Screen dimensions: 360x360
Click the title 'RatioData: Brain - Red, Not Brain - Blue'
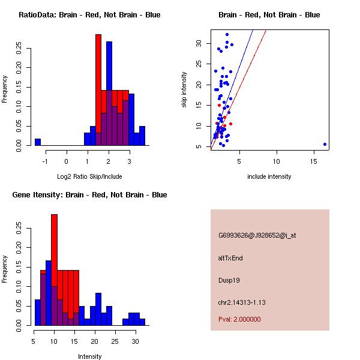89,14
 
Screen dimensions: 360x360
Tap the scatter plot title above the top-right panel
269,14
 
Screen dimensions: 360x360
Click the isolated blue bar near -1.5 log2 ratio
38,142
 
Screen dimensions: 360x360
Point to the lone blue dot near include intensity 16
325,144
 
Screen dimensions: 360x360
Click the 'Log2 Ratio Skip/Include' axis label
89,176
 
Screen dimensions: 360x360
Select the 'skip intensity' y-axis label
185,90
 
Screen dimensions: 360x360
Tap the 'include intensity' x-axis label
269,176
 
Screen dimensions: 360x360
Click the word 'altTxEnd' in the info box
230,258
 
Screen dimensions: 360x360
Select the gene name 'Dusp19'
230,280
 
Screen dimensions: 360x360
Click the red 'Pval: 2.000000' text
239,319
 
